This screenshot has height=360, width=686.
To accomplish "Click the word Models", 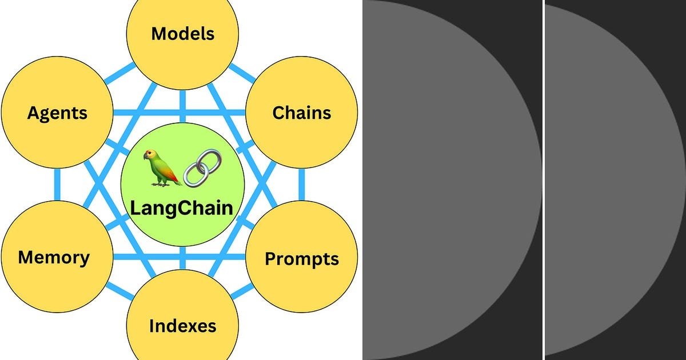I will (182, 33).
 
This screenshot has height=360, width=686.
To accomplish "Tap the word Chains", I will (301, 113).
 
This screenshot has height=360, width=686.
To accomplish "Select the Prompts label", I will (301, 259).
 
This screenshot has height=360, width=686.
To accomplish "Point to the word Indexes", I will (182, 326).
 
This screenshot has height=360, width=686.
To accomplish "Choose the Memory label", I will (54, 257).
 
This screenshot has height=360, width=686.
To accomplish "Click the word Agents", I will (57, 113).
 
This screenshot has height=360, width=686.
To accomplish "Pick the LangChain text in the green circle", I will (182, 207).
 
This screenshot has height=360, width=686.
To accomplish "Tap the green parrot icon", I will (160, 167).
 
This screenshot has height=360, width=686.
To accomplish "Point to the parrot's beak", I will (146, 155).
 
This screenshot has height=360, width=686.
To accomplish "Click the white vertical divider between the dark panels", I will (543, 180).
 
